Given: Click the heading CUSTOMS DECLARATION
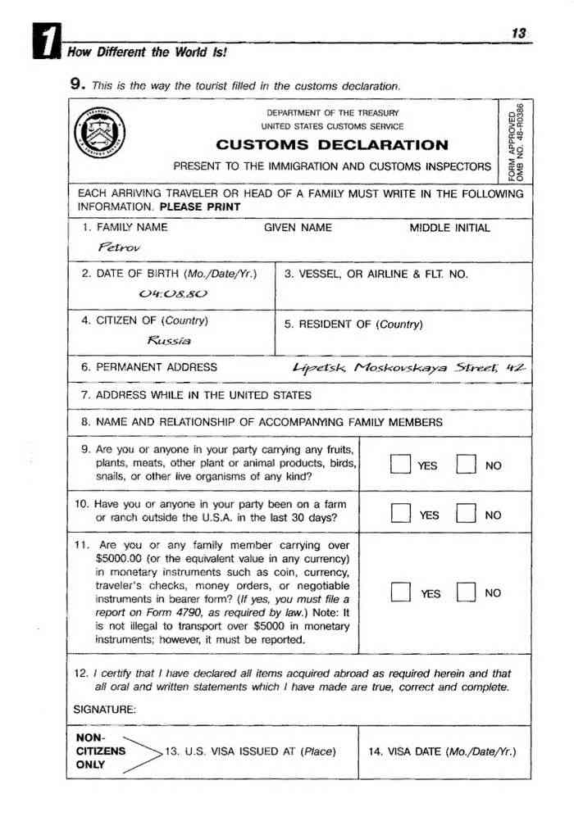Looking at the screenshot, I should coord(332,146).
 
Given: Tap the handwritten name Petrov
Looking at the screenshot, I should coord(119,247).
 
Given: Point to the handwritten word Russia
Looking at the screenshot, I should coord(168,339).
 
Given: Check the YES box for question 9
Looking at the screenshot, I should coord(399,465).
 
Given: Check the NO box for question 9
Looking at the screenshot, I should coord(465,465).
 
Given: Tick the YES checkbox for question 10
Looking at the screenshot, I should coord(399,515).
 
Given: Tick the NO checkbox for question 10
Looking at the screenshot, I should coord(465,515).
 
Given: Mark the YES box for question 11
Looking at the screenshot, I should coord(399,592).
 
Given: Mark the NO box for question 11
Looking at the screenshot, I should coord(465,592).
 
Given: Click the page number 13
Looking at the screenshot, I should coord(518,34).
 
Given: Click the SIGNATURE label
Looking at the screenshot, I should coord(105,709).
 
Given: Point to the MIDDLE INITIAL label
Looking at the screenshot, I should coord(449,228).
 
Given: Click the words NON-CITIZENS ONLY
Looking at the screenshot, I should coord(100,751).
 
